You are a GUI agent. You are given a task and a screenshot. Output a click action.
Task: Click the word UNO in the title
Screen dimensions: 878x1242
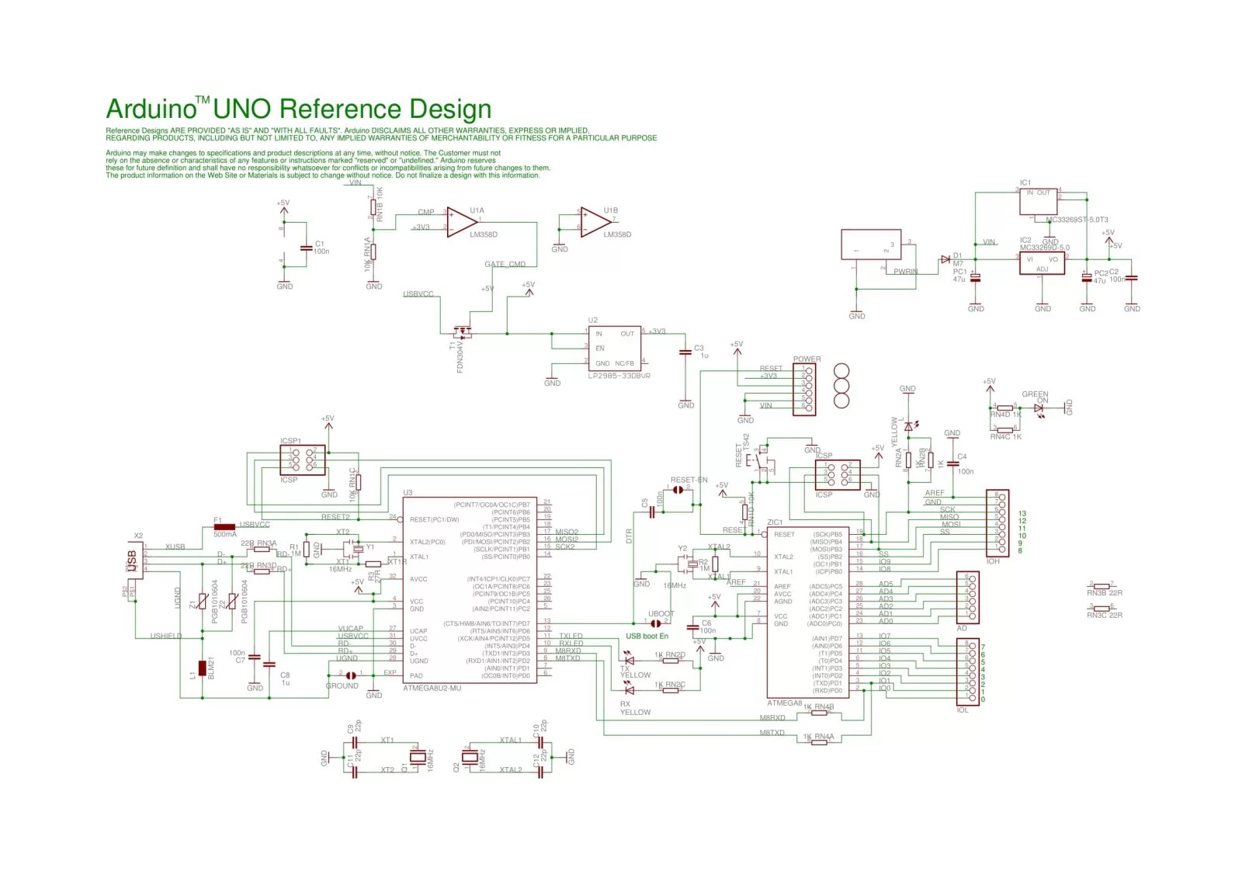243,109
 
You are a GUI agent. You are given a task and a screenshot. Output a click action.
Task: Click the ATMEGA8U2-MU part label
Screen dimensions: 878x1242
432,688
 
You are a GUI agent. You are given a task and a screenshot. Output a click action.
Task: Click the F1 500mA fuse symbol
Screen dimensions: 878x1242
224,527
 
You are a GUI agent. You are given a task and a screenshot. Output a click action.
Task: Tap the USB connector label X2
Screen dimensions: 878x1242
138,536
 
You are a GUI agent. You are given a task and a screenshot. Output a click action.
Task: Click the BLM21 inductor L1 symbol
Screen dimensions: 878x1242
203,668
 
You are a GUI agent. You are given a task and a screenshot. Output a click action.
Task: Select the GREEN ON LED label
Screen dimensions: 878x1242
1035,397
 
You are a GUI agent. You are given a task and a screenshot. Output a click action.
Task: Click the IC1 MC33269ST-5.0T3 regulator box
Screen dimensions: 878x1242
1038,202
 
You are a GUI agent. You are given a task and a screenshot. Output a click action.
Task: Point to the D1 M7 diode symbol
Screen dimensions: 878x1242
945,259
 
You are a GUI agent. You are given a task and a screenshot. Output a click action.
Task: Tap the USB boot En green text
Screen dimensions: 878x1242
647,636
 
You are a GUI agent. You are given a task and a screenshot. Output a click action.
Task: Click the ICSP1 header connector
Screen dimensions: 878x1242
302,459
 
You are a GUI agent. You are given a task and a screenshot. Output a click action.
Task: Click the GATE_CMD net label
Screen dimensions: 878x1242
505,264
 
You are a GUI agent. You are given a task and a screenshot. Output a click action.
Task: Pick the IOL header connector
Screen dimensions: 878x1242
966,670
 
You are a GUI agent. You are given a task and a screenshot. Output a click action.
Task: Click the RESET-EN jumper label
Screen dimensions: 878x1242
689,480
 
